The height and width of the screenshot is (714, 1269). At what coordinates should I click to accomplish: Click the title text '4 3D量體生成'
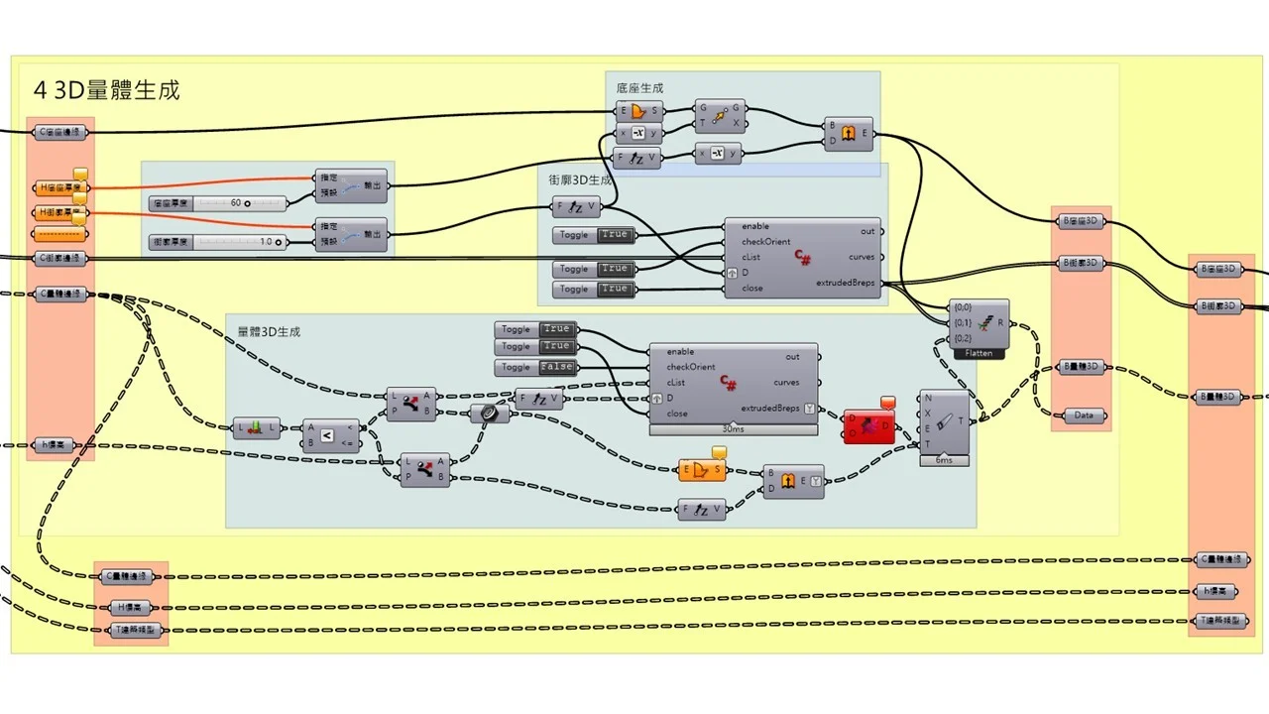point(107,90)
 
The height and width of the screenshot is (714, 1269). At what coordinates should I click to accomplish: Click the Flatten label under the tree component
point(979,353)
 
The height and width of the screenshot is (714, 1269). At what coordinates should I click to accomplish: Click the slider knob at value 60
point(247,203)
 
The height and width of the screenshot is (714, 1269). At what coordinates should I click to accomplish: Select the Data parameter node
point(1083,416)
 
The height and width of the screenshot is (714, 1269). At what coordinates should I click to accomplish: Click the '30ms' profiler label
point(734,429)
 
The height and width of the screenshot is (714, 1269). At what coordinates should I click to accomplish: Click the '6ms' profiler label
point(944,460)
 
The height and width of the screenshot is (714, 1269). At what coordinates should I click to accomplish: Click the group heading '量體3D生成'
point(269,331)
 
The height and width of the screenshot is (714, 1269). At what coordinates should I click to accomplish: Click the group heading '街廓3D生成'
point(581,180)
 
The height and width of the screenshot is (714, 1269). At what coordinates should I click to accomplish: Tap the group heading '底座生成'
point(639,88)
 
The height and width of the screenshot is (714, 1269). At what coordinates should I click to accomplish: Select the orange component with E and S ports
point(702,470)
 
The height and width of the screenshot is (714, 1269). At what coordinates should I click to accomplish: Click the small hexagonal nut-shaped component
point(490,414)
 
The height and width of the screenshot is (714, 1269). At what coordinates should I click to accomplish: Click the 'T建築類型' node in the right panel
point(1221,622)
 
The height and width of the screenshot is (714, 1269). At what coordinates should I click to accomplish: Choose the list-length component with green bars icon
point(255,429)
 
